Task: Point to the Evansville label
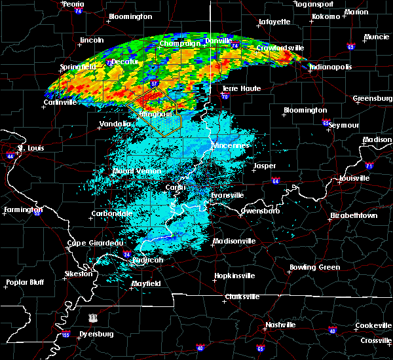pos(227,195)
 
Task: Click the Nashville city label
pos(280,325)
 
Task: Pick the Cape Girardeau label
pos(95,243)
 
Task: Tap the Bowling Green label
pos(315,267)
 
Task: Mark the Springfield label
pos(77,67)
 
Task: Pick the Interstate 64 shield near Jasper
pos(276,181)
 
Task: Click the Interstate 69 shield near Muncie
pos(350,46)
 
